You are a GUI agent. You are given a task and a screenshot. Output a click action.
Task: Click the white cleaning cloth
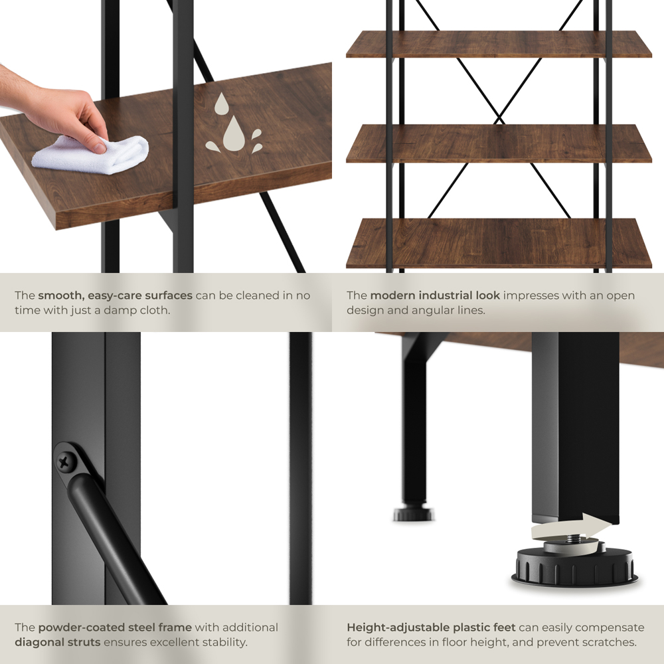(x=91, y=154)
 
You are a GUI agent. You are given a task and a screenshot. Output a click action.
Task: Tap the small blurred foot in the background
(x=413, y=513)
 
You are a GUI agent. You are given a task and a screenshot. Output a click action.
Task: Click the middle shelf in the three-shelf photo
(x=499, y=144)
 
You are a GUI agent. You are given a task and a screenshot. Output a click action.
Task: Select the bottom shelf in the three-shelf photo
(x=499, y=244)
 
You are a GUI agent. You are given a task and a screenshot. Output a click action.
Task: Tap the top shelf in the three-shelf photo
(x=499, y=44)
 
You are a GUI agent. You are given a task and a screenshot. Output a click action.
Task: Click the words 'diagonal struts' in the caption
(x=58, y=642)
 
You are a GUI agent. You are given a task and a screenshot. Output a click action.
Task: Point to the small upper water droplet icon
(x=222, y=104)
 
